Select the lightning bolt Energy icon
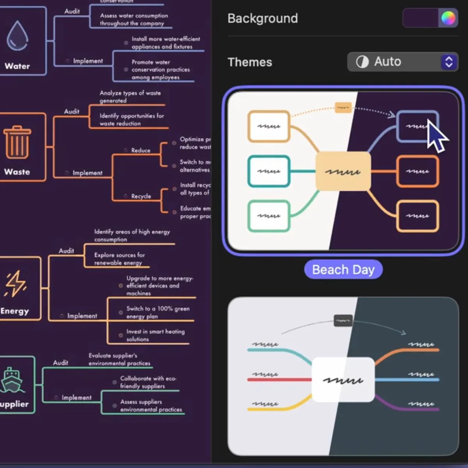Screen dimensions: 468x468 [x=16, y=284]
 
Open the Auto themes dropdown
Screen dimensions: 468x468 [x=402, y=62]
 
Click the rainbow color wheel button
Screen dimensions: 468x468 [x=448, y=18]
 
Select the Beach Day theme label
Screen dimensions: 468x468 [x=343, y=270]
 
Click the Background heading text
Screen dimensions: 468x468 [x=262, y=18]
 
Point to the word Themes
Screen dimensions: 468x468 [x=250, y=62]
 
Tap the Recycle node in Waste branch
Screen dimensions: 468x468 [x=141, y=196]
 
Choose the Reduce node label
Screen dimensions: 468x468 [x=140, y=150]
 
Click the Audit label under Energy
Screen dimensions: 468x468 [x=66, y=251]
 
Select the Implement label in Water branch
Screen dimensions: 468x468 [x=88, y=61]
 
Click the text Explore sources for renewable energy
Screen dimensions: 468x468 [x=119, y=259]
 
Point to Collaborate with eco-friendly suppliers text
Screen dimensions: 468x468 [x=148, y=382]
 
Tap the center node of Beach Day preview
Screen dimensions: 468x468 [x=343, y=171]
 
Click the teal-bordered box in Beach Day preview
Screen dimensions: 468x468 [x=269, y=171]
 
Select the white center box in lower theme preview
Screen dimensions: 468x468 [x=343, y=379]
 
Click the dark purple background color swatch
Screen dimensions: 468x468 [x=420, y=18]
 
